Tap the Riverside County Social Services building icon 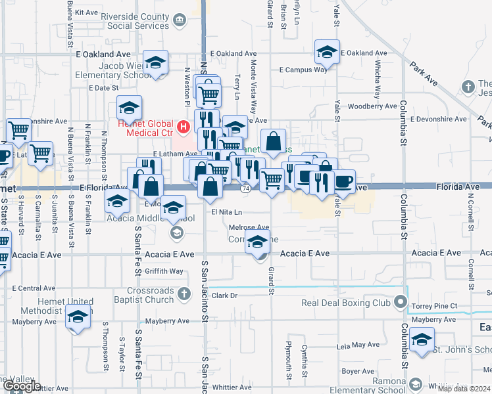pos(180,21)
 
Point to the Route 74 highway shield pos(245,188)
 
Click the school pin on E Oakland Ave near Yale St pos(327,52)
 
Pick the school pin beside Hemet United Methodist pos(78,318)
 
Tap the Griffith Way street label pos(164,271)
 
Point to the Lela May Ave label pos(355,345)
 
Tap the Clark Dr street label pos(224,295)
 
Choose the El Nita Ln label pos(227,212)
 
